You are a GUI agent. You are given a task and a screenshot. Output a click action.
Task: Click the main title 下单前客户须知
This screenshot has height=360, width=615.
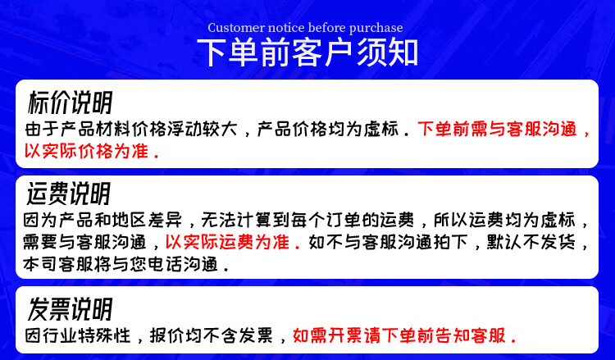tap(307, 53)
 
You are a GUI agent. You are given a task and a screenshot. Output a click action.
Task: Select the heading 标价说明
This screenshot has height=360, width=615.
tap(71, 102)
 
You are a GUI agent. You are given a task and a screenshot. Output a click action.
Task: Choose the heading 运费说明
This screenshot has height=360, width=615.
tap(69, 194)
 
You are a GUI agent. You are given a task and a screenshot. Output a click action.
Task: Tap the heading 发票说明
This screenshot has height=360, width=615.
tap(71, 309)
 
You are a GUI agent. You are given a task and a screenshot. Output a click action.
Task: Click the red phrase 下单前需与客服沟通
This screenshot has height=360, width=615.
tap(497, 129)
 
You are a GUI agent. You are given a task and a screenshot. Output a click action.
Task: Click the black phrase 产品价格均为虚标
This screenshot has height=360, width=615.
tap(328, 129)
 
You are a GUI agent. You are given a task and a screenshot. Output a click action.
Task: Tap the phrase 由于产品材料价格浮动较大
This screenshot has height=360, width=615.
tap(130, 129)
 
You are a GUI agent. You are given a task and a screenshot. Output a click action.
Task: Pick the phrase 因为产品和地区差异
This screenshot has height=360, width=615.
tap(103, 220)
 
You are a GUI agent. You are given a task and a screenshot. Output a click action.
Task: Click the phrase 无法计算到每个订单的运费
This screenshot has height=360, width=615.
tap(307, 220)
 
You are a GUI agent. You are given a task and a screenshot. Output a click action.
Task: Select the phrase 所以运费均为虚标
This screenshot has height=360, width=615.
tap(504, 220)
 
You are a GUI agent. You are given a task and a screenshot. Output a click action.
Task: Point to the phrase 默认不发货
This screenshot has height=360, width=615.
tap(531, 242)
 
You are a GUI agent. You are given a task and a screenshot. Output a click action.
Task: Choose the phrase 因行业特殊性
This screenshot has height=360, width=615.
tap(77, 335)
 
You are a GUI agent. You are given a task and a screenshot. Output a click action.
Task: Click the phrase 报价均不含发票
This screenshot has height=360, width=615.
tap(211, 335)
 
